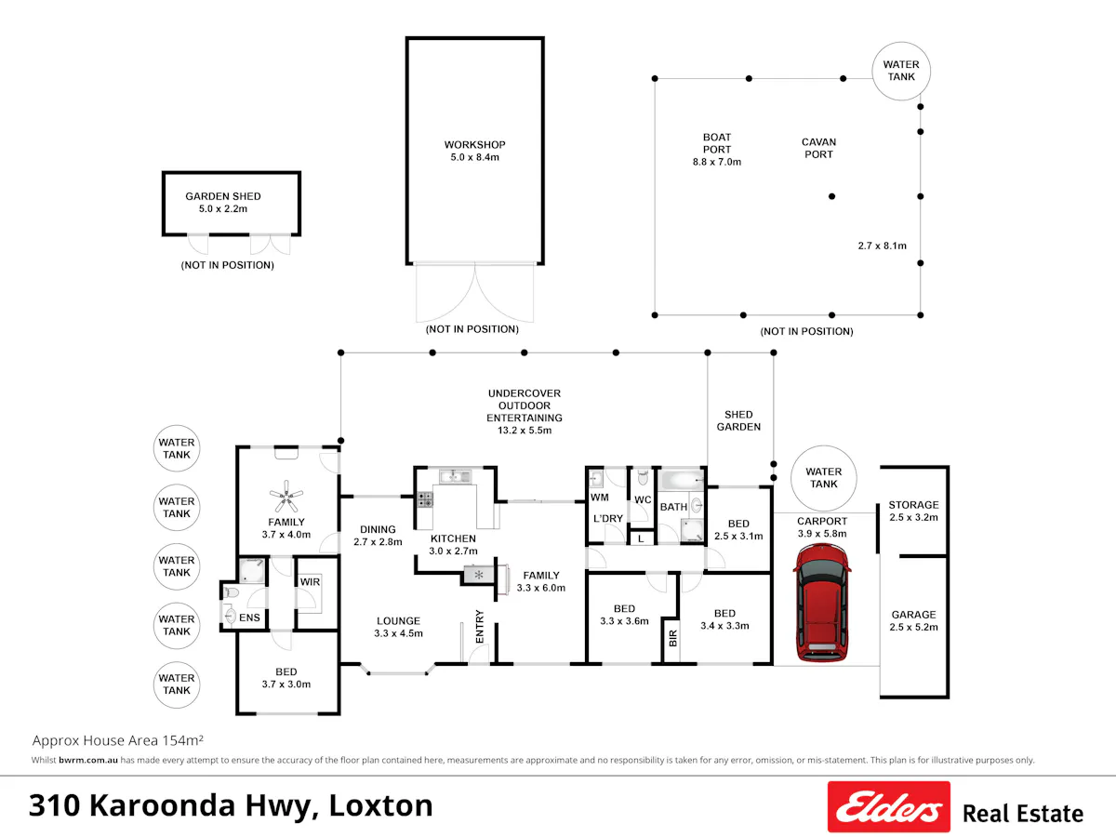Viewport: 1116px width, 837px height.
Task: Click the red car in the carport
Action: [822, 603]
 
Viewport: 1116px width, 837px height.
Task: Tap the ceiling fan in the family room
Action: [286, 496]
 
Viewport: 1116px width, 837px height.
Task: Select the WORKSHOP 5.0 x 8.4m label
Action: [475, 151]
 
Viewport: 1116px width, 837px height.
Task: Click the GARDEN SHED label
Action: [222, 196]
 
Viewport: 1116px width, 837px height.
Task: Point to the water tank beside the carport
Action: [824, 478]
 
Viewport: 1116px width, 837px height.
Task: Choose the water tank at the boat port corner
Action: [901, 71]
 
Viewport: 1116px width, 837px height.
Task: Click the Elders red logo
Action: [889, 806]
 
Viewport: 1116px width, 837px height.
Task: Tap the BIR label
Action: [673, 638]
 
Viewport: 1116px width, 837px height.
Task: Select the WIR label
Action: [310, 582]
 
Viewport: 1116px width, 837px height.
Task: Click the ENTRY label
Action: [480, 627]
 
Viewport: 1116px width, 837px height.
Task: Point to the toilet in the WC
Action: [643, 477]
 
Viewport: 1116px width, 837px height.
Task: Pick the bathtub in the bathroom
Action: [680, 479]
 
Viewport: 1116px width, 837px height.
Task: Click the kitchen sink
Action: [456, 477]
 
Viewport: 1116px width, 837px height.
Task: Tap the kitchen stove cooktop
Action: [425, 499]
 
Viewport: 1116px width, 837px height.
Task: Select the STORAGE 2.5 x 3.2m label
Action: [913, 511]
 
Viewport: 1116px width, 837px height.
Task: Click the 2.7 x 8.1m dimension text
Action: [883, 246]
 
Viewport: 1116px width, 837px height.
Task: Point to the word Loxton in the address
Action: [380, 805]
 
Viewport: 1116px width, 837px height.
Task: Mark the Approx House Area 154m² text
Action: [118, 740]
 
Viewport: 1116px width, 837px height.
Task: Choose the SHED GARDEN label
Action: [738, 420]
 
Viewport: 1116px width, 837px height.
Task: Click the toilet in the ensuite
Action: [232, 592]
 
